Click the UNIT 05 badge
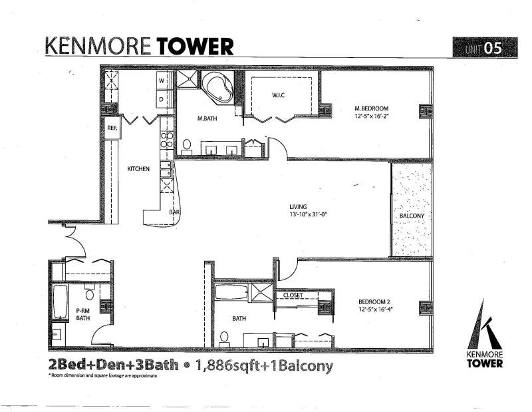click(x=485, y=47)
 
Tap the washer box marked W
click(x=162, y=81)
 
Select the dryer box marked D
click(x=162, y=100)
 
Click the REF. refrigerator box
click(x=112, y=128)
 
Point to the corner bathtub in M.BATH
click(x=217, y=88)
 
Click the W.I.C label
click(x=278, y=95)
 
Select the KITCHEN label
click(x=138, y=169)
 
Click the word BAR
click(x=174, y=212)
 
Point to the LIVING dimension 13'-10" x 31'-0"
click(x=308, y=214)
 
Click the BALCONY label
click(x=412, y=216)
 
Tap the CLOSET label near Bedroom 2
click(x=293, y=295)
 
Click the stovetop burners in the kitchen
click(x=167, y=140)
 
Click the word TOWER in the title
click(x=195, y=47)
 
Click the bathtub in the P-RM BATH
click(x=61, y=302)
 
